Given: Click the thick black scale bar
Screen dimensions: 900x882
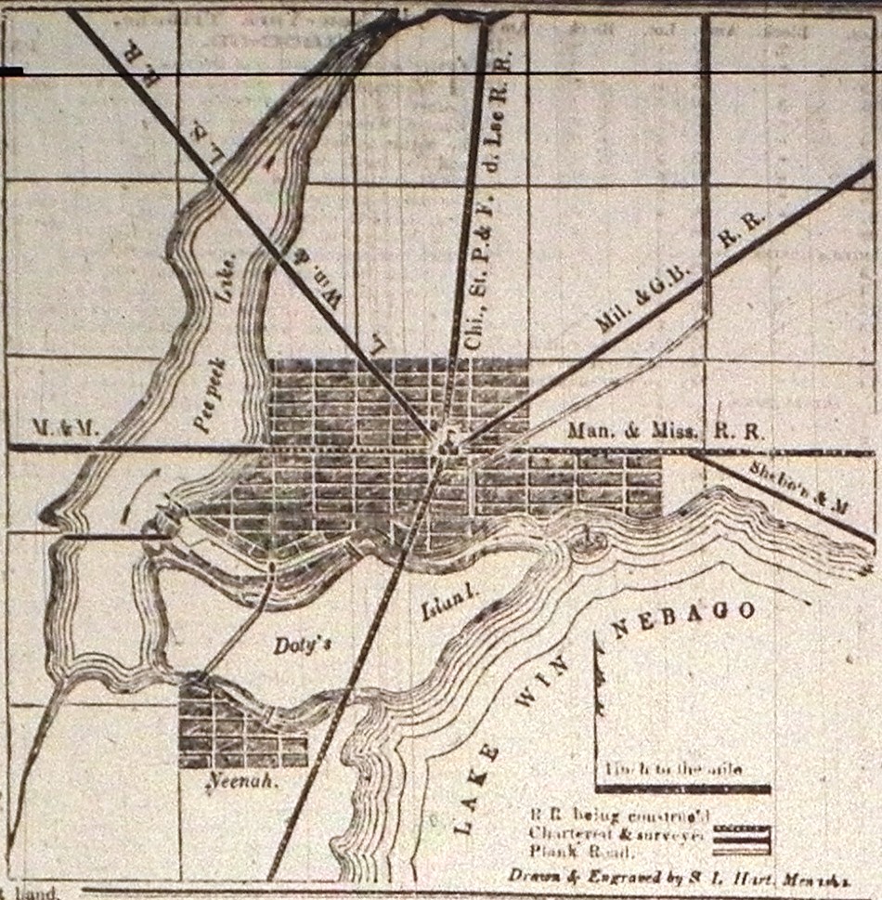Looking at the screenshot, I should [x=682, y=789].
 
